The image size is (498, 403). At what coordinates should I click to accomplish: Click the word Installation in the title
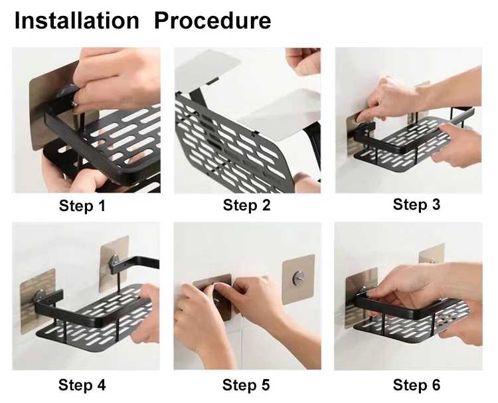pyautogui.click(x=77, y=21)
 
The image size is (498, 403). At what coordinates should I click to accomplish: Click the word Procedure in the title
pyautogui.click(x=212, y=21)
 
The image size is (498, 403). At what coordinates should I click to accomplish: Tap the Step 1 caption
pyautogui.click(x=82, y=205)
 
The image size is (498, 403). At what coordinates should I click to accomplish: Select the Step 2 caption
pyautogui.click(x=246, y=205)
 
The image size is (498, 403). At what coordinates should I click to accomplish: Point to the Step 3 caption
pyautogui.click(x=416, y=204)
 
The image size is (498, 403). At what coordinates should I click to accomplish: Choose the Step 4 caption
pyautogui.click(x=82, y=385)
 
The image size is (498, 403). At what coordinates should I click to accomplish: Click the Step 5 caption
pyautogui.click(x=246, y=385)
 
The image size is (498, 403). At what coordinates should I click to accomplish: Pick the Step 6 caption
pyautogui.click(x=416, y=385)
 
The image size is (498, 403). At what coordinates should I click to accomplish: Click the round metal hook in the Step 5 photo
pyautogui.click(x=297, y=278)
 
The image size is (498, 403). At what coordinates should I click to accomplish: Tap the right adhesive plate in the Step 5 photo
pyautogui.click(x=298, y=280)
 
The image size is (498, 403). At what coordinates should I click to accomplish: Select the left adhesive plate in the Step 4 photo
pyautogui.click(x=38, y=301)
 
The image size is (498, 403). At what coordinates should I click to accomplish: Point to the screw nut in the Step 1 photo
pyautogui.click(x=75, y=103)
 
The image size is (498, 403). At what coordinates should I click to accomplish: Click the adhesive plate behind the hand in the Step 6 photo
pyautogui.click(x=432, y=254)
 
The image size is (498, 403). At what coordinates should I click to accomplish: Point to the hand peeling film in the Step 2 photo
pyautogui.click(x=303, y=61)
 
